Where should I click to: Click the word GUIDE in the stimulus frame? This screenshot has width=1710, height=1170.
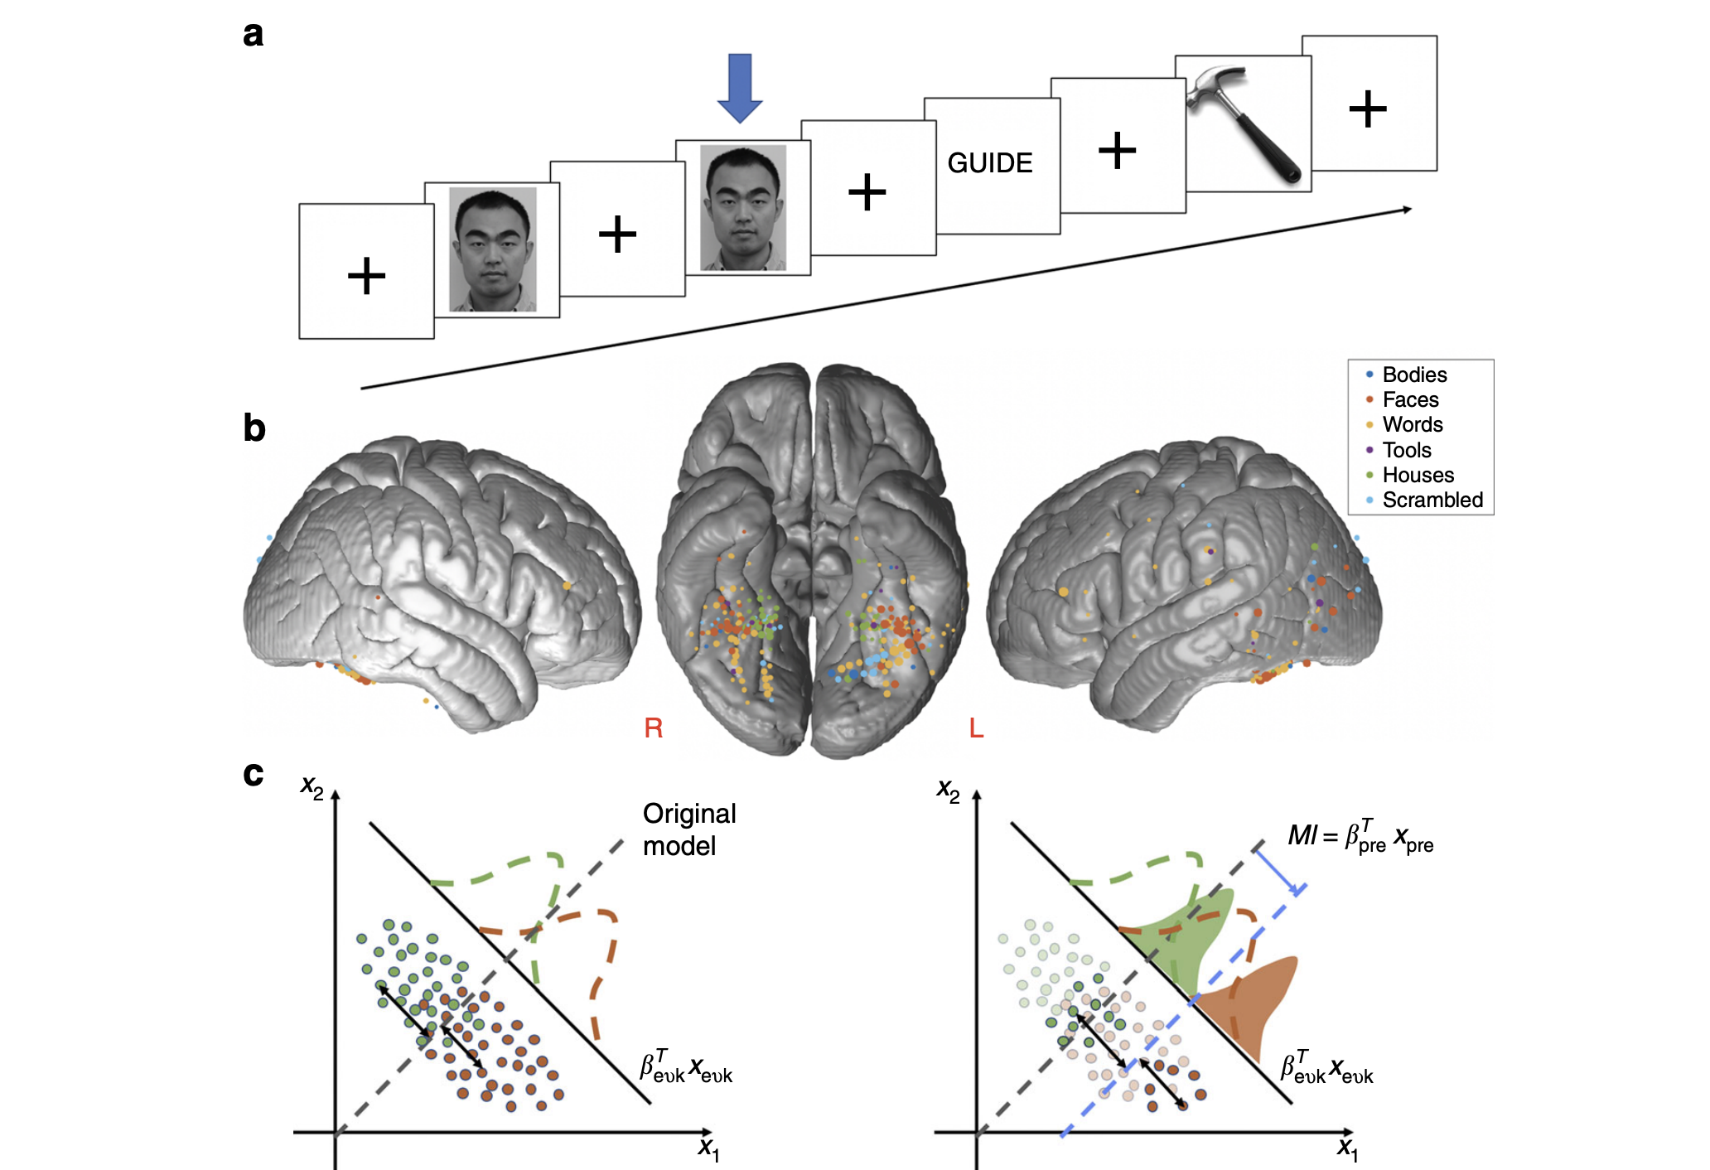coord(990,163)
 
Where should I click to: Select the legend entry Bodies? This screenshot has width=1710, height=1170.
coord(1413,375)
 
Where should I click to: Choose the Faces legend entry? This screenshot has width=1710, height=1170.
coord(1410,400)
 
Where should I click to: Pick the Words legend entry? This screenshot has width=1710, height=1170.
coord(1412,425)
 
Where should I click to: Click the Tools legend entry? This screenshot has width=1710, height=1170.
coord(1406,450)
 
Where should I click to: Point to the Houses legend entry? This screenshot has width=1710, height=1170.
coord(1418,475)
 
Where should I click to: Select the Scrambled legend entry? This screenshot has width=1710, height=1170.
coord(1432,500)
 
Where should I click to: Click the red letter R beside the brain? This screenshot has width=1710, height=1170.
coord(653,728)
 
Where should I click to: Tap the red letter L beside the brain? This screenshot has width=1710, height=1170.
coord(976,728)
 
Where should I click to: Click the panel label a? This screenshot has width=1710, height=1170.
coord(254,35)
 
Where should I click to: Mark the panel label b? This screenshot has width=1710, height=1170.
coord(254,428)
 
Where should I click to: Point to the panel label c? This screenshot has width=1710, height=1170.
coord(254,774)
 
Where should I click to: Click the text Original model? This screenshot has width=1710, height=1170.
coord(688,829)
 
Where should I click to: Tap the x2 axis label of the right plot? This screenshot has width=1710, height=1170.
coord(948,790)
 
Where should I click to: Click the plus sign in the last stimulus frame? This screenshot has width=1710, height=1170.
coord(1368,109)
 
